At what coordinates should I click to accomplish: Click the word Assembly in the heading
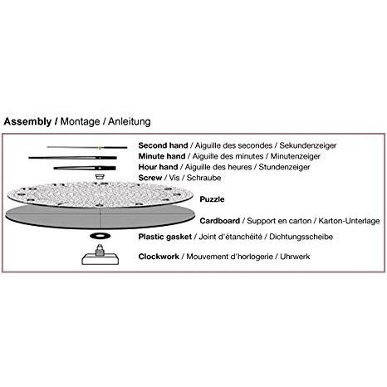(x=27, y=122)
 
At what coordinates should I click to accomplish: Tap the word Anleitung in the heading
(x=130, y=122)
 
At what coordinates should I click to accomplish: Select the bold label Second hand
(x=163, y=145)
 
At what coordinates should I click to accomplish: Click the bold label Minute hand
(x=162, y=156)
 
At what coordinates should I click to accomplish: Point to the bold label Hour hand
(x=158, y=167)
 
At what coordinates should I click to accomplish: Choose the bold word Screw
(x=150, y=178)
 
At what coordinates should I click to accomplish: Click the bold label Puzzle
(x=212, y=199)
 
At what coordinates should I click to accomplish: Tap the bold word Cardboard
(x=220, y=221)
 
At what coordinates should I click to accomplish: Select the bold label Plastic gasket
(x=165, y=237)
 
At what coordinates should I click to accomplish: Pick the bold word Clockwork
(x=159, y=257)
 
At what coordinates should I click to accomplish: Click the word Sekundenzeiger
(x=308, y=145)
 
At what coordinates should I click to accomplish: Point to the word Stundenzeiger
(x=284, y=167)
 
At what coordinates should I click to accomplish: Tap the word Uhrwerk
(x=295, y=257)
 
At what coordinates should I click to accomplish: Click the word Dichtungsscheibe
(x=301, y=237)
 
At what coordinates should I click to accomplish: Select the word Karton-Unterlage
(x=349, y=221)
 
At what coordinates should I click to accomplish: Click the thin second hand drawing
(x=87, y=147)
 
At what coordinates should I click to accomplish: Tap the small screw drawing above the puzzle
(x=99, y=177)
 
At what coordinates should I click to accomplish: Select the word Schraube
(x=203, y=178)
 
